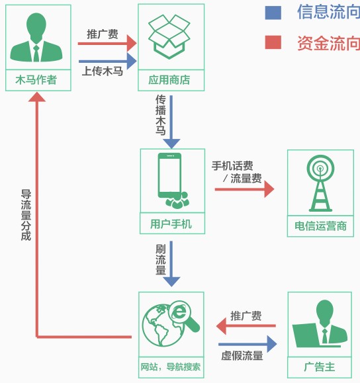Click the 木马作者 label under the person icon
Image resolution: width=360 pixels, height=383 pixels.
tap(36, 81)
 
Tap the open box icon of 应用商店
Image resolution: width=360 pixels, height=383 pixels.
tap(169, 36)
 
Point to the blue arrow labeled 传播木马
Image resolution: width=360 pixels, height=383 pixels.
tap(171, 132)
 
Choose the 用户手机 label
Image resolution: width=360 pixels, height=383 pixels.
tap(171, 224)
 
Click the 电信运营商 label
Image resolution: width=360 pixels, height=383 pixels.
tap(320, 226)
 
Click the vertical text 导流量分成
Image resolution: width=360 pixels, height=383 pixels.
tap(26, 215)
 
